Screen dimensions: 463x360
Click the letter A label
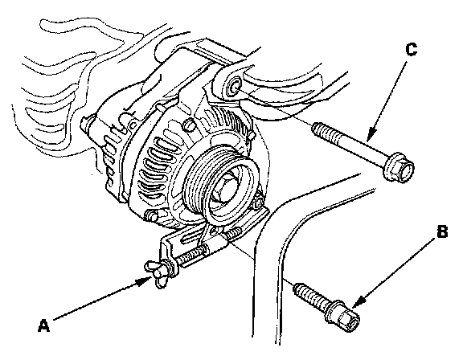pos(43,325)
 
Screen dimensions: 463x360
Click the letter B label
pos(442,231)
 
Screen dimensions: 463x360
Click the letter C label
pos(412,49)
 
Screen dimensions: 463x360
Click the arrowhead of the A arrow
pos(145,281)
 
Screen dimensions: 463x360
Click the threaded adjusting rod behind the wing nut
pos(192,255)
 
